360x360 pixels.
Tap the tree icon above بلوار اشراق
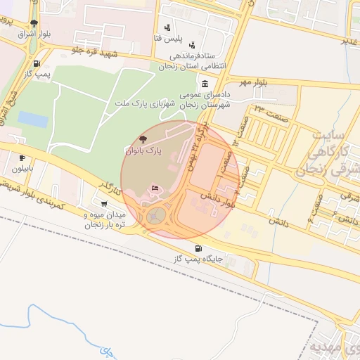(34, 23)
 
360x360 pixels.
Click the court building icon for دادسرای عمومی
(204, 84)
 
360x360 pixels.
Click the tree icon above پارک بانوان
(143, 140)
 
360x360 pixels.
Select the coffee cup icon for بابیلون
(22, 158)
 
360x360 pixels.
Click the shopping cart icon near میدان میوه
(105, 204)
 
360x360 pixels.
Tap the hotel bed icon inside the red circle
(155, 188)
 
